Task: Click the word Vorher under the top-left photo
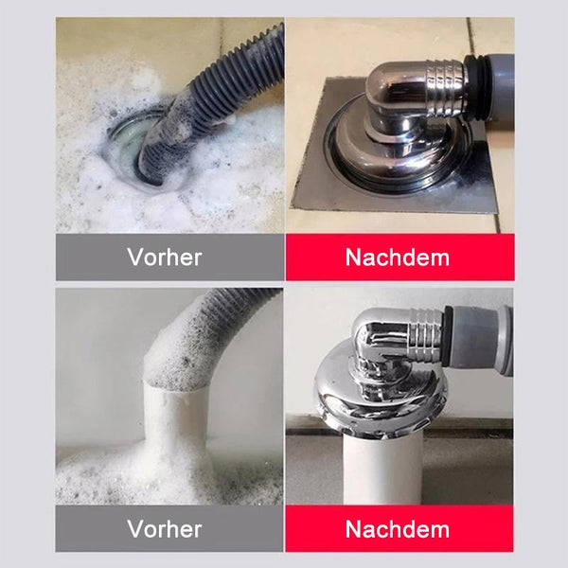165,257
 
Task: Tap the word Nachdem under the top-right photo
398,257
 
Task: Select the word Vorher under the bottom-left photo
165,529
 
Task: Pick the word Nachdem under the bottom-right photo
398,529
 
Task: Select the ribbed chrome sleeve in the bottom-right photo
427,335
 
